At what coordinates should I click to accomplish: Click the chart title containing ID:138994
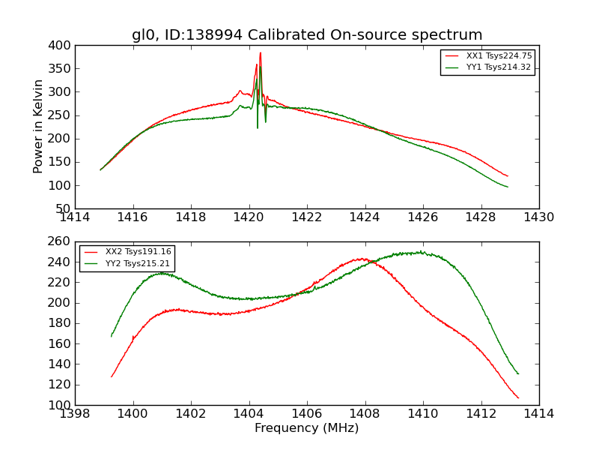[x=307, y=35]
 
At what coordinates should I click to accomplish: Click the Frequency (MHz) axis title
[x=307, y=428]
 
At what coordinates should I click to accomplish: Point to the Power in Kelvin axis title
[x=39, y=127]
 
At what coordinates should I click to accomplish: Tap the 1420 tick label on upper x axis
[x=249, y=217]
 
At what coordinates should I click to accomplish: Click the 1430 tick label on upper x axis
[x=538, y=217]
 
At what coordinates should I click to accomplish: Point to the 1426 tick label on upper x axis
[x=422, y=217]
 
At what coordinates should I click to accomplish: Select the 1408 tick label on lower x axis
[x=365, y=414]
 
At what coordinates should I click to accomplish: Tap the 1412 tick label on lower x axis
[x=481, y=414]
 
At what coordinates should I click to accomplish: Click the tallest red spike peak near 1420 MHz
[x=261, y=52]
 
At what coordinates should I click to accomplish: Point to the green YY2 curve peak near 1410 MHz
[x=422, y=252]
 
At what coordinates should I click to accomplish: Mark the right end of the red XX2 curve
[x=518, y=398]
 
